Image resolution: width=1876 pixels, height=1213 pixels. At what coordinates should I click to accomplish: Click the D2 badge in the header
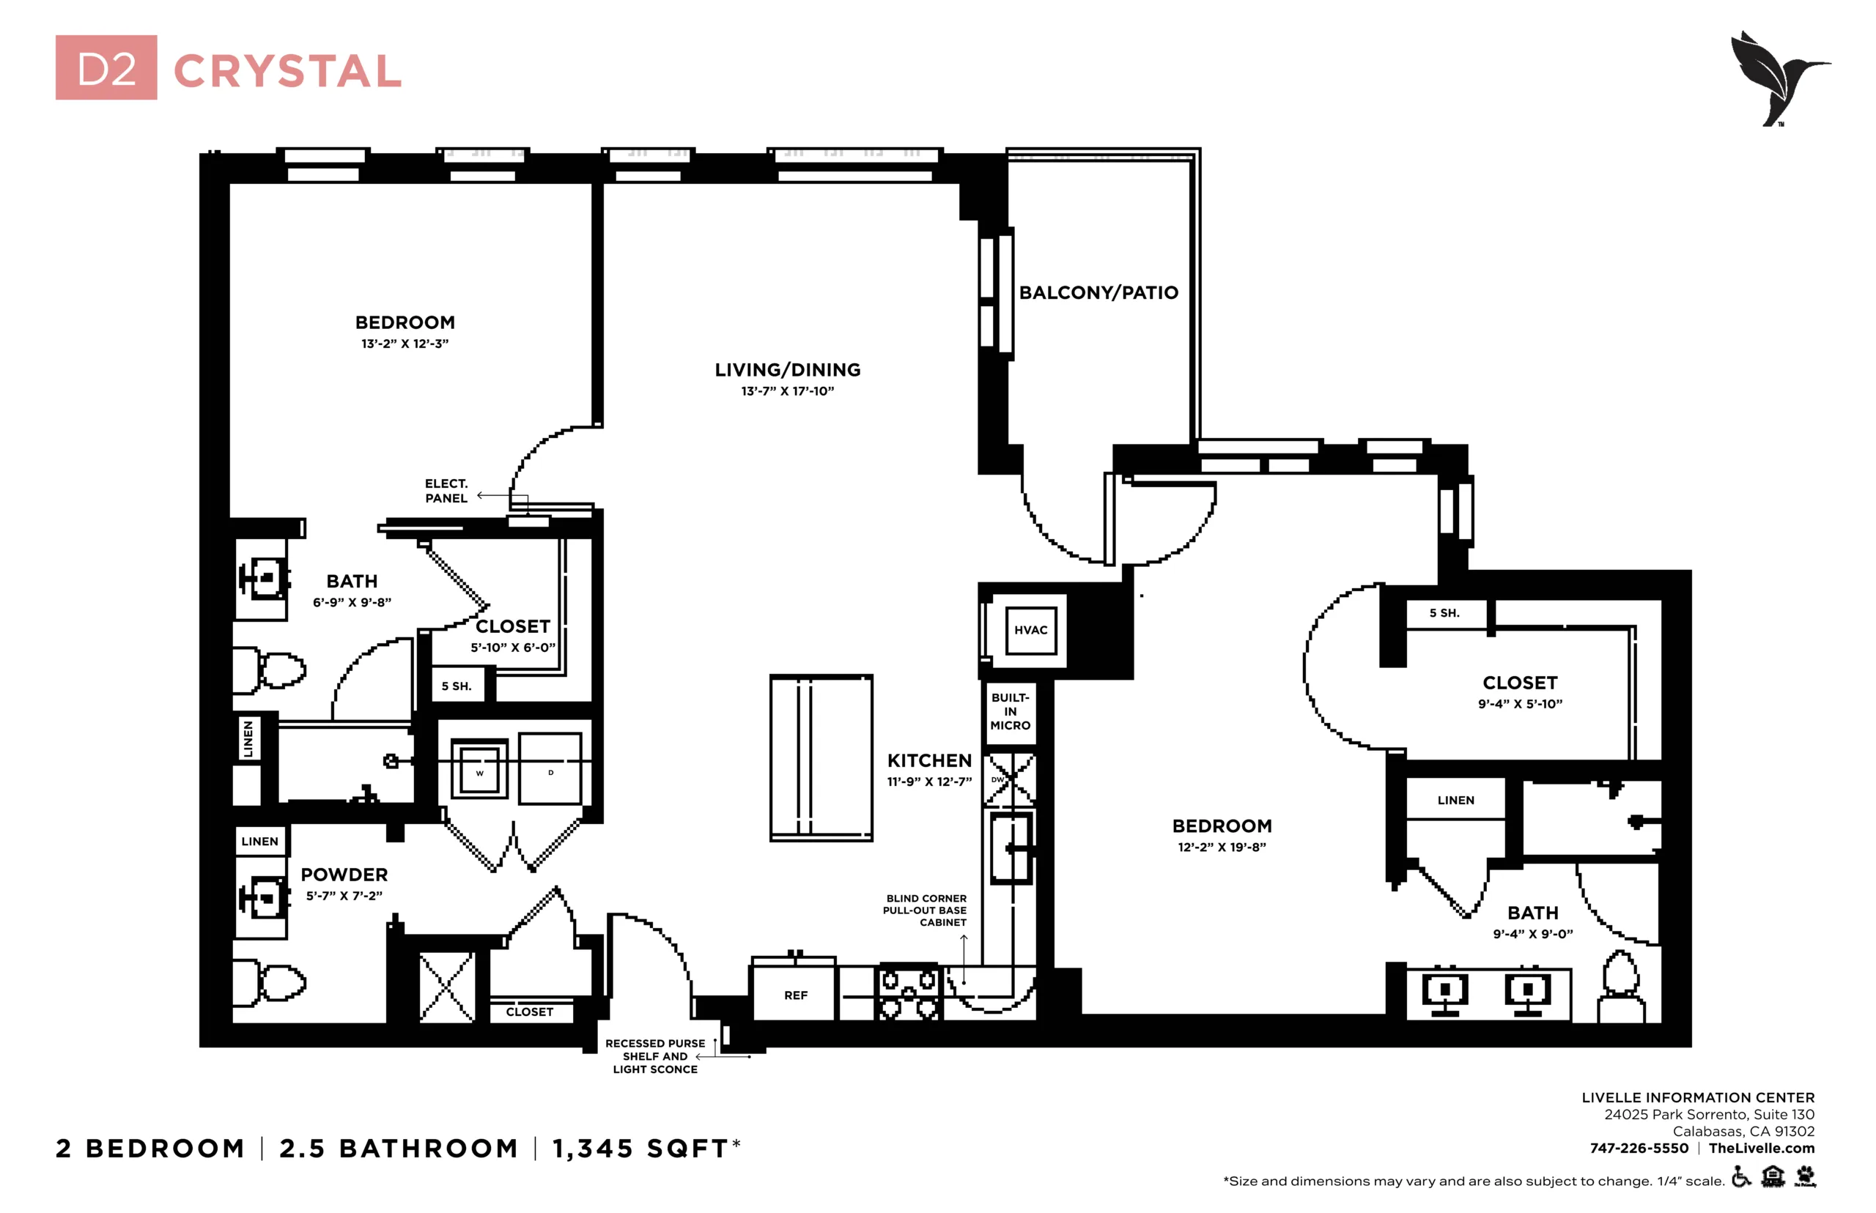(106, 67)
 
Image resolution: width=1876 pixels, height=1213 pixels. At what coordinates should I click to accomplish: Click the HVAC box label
(1030, 630)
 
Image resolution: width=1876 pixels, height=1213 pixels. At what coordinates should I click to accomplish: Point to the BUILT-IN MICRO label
(1010, 711)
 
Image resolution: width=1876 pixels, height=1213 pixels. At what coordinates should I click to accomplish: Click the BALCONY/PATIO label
(1098, 292)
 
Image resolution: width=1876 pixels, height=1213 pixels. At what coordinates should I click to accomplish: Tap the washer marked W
(479, 769)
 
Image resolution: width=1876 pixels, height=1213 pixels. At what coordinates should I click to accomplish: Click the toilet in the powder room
(269, 982)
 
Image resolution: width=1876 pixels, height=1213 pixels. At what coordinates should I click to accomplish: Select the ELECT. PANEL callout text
(446, 491)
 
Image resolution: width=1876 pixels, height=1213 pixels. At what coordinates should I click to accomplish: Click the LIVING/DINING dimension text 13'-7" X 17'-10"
(787, 391)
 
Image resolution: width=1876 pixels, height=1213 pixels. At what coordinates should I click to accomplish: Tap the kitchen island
(821, 757)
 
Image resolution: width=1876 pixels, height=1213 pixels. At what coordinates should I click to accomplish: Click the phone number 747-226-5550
(1639, 1148)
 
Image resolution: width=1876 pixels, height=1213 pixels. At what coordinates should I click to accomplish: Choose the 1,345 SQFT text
(646, 1149)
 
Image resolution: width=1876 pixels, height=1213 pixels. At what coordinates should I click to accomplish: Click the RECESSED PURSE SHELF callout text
(654, 1056)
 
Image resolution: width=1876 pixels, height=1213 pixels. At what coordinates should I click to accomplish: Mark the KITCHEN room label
(929, 761)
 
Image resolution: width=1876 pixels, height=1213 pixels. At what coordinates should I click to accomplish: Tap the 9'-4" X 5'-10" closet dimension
(1520, 704)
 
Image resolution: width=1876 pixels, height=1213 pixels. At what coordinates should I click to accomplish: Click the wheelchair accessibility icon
(1741, 1177)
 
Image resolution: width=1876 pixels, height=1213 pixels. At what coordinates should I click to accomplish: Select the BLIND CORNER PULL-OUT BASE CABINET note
(924, 910)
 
